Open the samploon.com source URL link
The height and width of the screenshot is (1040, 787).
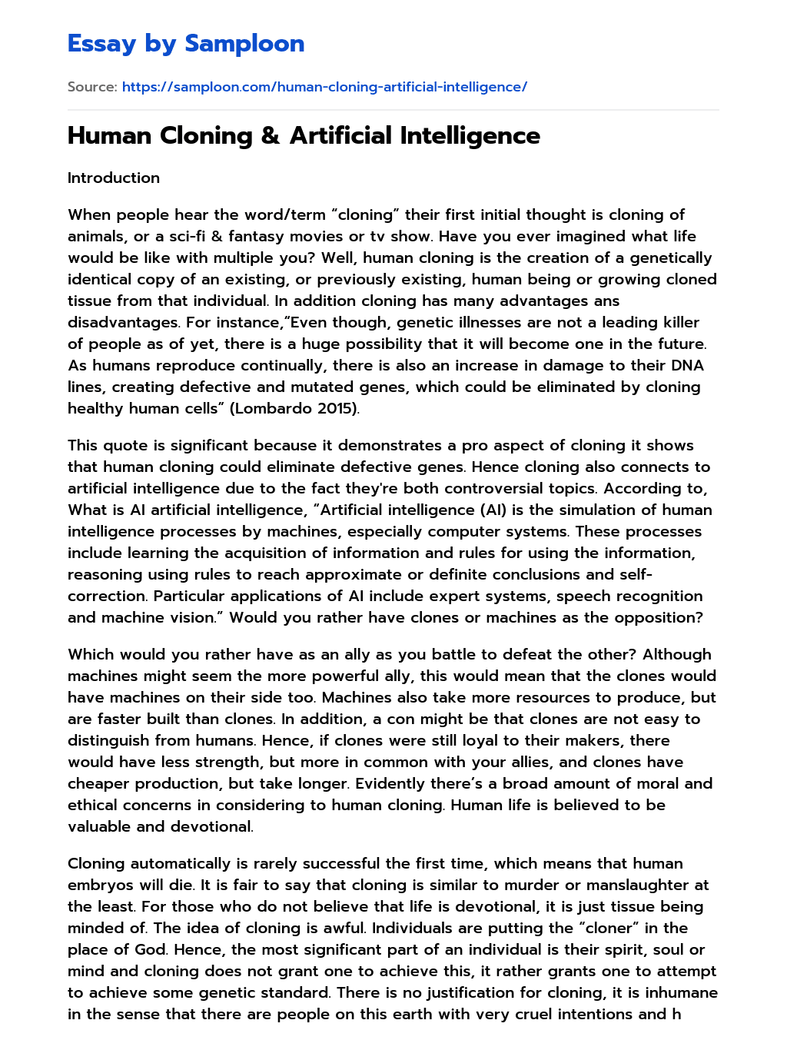(x=324, y=87)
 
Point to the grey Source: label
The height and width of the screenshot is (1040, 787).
(x=92, y=87)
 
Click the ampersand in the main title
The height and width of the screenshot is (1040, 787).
(x=271, y=136)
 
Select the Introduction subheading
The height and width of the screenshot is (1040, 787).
(x=114, y=178)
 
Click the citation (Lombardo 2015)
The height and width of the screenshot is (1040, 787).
(x=294, y=408)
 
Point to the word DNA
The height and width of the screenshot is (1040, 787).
(x=687, y=365)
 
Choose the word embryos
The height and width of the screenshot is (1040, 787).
(x=102, y=885)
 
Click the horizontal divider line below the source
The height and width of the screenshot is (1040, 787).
(x=393, y=110)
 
